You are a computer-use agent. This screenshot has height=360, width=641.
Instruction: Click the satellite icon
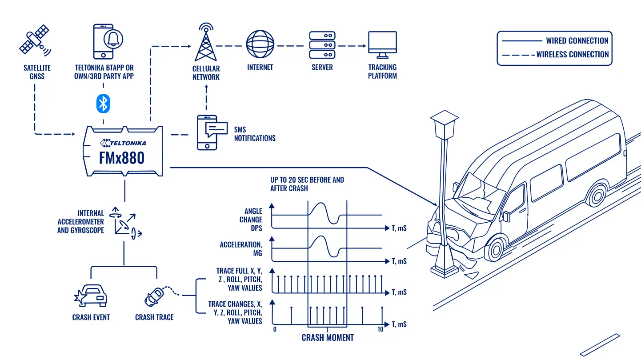(35, 40)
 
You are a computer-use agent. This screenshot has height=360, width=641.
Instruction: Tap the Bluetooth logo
(103, 103)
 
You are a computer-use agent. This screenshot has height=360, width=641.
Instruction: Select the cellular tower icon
(206, 42)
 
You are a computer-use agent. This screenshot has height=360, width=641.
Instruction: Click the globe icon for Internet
(260, 44)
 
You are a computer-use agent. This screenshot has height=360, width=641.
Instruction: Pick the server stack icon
(322, 45)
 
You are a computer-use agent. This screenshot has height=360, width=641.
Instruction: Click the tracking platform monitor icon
(382, 45)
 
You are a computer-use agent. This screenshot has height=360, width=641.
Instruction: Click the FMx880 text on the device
(122, 158)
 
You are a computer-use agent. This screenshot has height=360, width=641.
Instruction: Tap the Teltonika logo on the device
(123, 143)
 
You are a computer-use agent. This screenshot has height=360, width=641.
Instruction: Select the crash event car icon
(90, 296)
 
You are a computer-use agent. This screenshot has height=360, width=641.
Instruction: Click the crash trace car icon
(154, 296)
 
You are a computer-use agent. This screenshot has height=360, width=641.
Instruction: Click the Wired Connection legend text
(577, 40)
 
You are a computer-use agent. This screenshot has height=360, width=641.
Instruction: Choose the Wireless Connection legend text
(573, 54)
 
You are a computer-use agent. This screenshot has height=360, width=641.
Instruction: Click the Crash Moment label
(328, 338)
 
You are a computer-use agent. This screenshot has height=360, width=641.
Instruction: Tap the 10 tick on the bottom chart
(381, 329)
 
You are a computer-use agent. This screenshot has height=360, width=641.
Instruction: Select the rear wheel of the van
(597, 196)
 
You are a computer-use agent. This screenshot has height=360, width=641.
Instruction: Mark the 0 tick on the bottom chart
(275, 329)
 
